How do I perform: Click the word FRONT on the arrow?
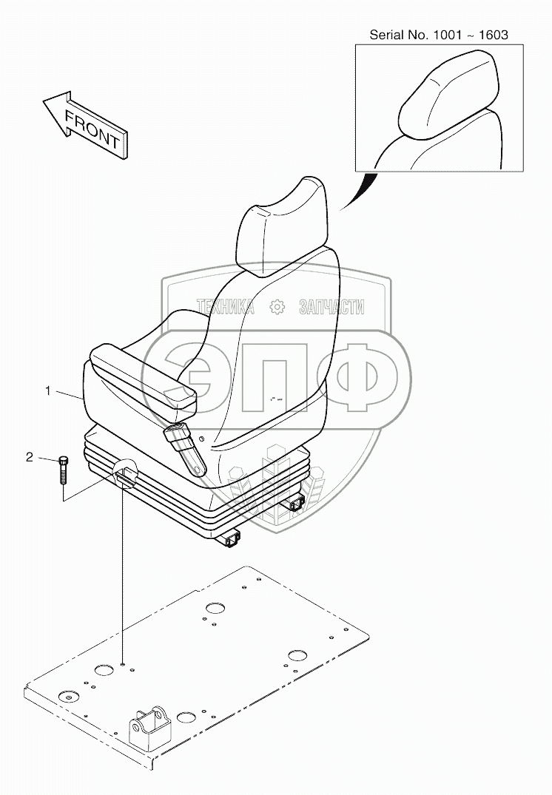click(x=92, y=127)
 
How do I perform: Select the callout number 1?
click(x=48, y=391)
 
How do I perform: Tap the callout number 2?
click(x=30, y=457)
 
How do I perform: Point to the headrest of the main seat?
click(x=280, y=225)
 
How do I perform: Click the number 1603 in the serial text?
click(x=491, y=35)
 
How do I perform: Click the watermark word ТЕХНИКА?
click(x=224, y=307)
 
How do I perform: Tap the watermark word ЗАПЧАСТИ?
click(x=331, y=307)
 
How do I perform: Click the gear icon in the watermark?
click(x=277, y=307)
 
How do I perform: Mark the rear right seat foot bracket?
click(x=294, y=504)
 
